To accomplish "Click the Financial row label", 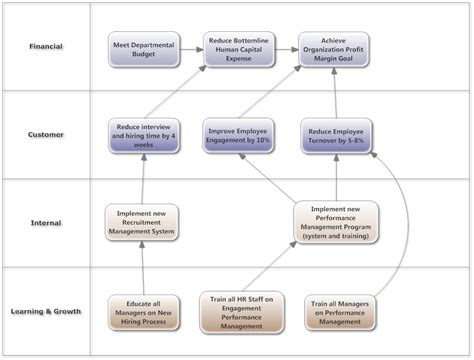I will [47, 46].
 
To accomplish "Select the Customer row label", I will [47, 135].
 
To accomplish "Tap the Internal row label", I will [47, 223].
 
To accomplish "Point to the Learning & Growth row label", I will [47, 311].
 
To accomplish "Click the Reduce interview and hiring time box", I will [143, 136].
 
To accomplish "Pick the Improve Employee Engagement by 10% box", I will [240, 136].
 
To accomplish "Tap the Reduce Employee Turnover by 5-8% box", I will [335, 136].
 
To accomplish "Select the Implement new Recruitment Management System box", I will [143, 223].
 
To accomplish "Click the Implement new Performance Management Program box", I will [335, 223].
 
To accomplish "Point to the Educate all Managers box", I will [143, 311].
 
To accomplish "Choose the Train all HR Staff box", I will [240, 311].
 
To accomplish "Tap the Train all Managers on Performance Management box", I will [335, 311].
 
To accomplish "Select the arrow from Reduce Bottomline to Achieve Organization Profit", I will [287, 49].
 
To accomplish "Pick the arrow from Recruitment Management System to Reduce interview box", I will [143, 180].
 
